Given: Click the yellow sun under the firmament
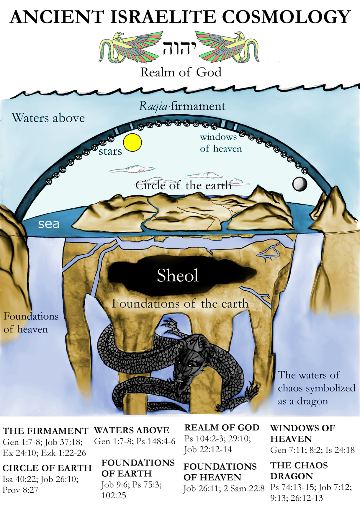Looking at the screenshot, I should point(132,143).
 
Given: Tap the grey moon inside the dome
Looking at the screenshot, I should point(300,184).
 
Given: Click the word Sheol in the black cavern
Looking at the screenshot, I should point(178,275).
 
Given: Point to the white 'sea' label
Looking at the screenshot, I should point(49,224).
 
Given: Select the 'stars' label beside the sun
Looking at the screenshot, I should point(110,151).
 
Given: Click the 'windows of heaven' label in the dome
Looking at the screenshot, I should point(220,143).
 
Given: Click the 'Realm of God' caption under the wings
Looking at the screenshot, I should point(181,72).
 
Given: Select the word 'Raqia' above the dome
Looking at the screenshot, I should point(153,106).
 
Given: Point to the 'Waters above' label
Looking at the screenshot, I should point(48,118).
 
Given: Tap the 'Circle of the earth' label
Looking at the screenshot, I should point(184,185).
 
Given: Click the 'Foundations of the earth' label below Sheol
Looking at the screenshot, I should point(180,304).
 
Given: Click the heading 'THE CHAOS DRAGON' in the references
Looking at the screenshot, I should point(299,471).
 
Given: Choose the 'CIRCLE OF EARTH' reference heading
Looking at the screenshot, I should point(47,468).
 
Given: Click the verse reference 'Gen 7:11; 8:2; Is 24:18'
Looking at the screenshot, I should point(312,450).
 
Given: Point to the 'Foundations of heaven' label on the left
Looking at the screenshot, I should point(31,323).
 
